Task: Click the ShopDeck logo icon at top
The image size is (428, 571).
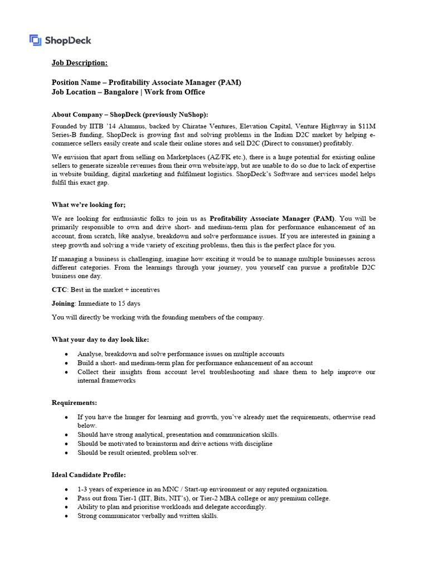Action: click(36, 40)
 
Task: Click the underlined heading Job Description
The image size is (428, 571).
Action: click(80, 63)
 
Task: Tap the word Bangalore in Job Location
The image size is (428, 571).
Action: click(121, 92)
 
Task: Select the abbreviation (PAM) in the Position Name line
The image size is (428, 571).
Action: click(230, 82)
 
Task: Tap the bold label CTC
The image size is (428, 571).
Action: click(60, 290)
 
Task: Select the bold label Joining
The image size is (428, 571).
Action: click(63, 303)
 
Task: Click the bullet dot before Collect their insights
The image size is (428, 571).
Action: click(67, 372)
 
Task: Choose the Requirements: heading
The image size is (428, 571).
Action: click(74, 403)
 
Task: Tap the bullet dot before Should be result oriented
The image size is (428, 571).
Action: click(67, 453)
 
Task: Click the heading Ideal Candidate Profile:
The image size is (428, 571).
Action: click(89, 475)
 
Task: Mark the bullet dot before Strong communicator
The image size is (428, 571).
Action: click(67, 516)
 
